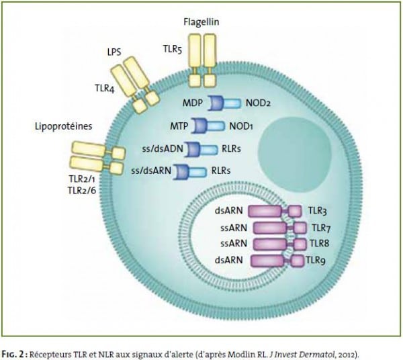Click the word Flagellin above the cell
tap(201, 22)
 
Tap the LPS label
tap(114, 52)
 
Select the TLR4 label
tap(105, 89)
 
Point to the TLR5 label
tap(173, 49)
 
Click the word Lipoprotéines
tap(64, 126)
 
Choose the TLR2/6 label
tap(82, 191)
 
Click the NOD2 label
tap(258, 103)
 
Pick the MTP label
tap(179, 126)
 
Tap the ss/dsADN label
tap(163, 149)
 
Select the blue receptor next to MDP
tap(224, 103)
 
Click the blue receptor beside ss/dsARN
tap(189, 172)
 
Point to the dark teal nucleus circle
tap(295, 154)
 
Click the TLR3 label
tap(318, 211)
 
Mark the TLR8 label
tap(319, 243)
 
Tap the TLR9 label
tap(316, 261)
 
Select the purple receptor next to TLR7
tap(280, 228)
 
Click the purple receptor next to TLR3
tap(275, 211)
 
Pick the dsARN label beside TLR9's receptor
tap(229, 261)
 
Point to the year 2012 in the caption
tap(351, 355)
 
